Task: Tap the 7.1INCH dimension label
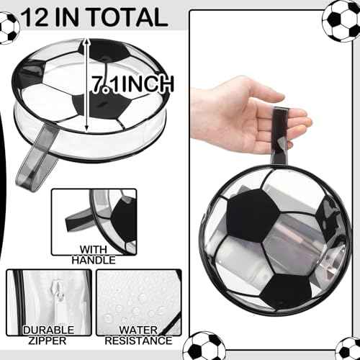[133, 84]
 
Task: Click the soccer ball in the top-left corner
[7, 27]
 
